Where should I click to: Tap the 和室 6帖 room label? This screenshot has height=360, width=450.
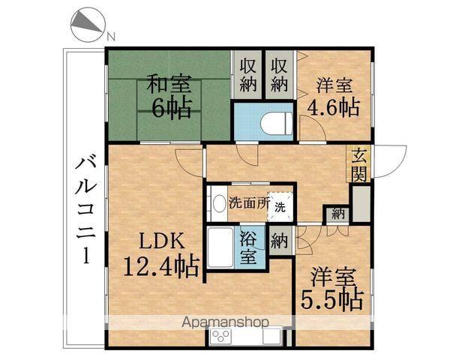pos(166,96)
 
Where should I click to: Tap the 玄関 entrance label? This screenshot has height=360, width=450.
pos(361,165)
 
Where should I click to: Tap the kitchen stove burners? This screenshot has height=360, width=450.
pos(222,336)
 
